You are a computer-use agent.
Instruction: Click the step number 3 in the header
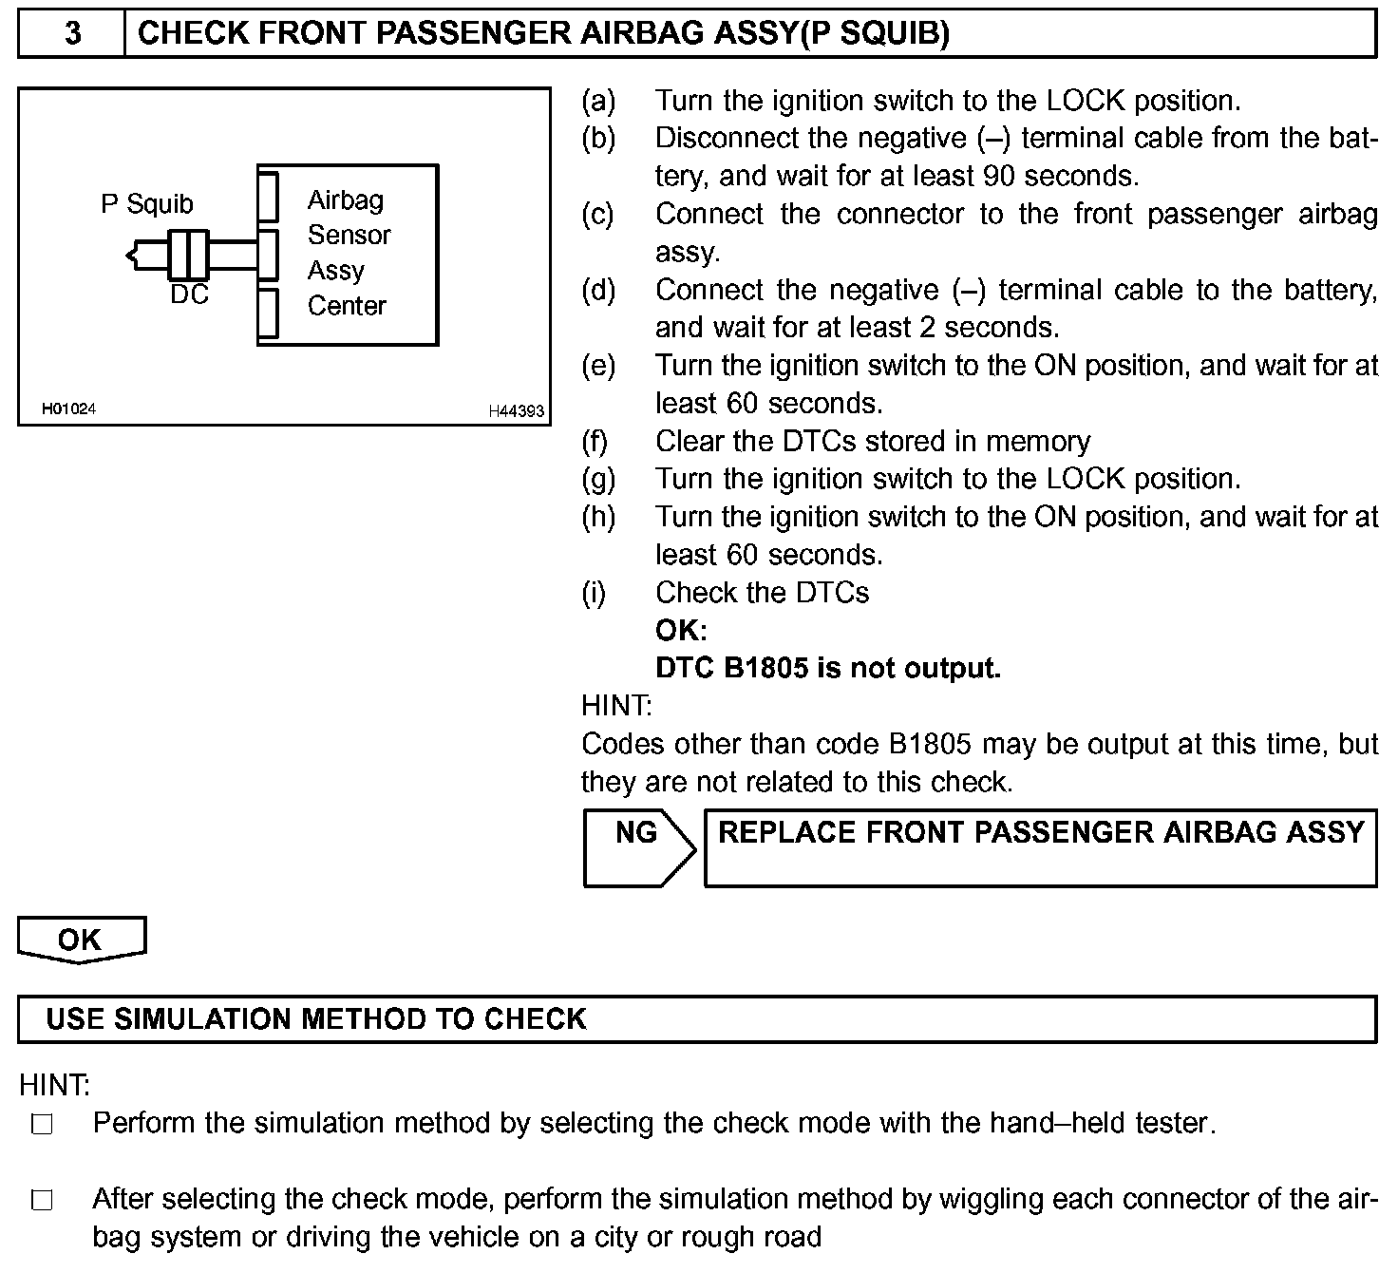pyautogui.click(x=72, y=34)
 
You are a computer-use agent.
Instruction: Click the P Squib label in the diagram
pyautogui.click(x=146, y=204)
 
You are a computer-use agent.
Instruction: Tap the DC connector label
pyautogui.click(x=189, y=295)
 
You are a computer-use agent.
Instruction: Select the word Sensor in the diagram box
pyautogui.click(x=349, y=236)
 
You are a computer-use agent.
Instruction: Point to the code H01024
pyautogui.click(x=68, y=409)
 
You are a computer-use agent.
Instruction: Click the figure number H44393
pyautogui.click(x=516, y=411)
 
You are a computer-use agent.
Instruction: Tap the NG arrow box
pyautogui.click(x=637, y=847)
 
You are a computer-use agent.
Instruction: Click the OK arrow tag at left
pyautogui.click(x=81, y=940)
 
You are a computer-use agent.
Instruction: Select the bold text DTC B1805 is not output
pyautogui.click(x=828, y=669)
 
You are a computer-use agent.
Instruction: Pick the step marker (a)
pyautogui.click(x=598, y=101)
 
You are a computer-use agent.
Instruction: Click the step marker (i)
pyautogui.click(x=594, y=593)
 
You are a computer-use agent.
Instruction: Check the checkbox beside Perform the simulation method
pyautogui.click(x=42, y=1125)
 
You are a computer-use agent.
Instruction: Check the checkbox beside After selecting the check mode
pyautogui.click(x=42, y=1201)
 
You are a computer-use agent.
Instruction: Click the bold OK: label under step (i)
pyautogui.click(x=681, y=631)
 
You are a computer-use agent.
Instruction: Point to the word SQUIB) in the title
pyautogui.click(x=900, y=34)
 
